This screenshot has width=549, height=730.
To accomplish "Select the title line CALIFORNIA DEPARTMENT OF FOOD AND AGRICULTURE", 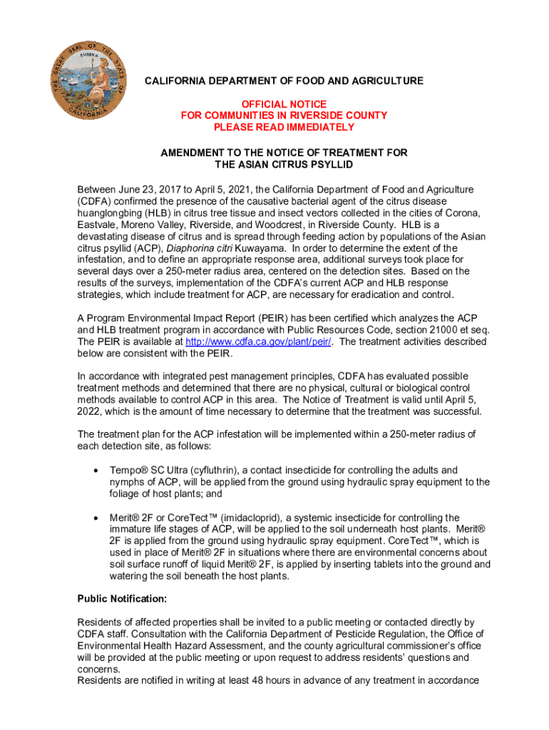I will click(x=284, y=81).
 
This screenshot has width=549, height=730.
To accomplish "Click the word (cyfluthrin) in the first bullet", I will click(x=210, y=471).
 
